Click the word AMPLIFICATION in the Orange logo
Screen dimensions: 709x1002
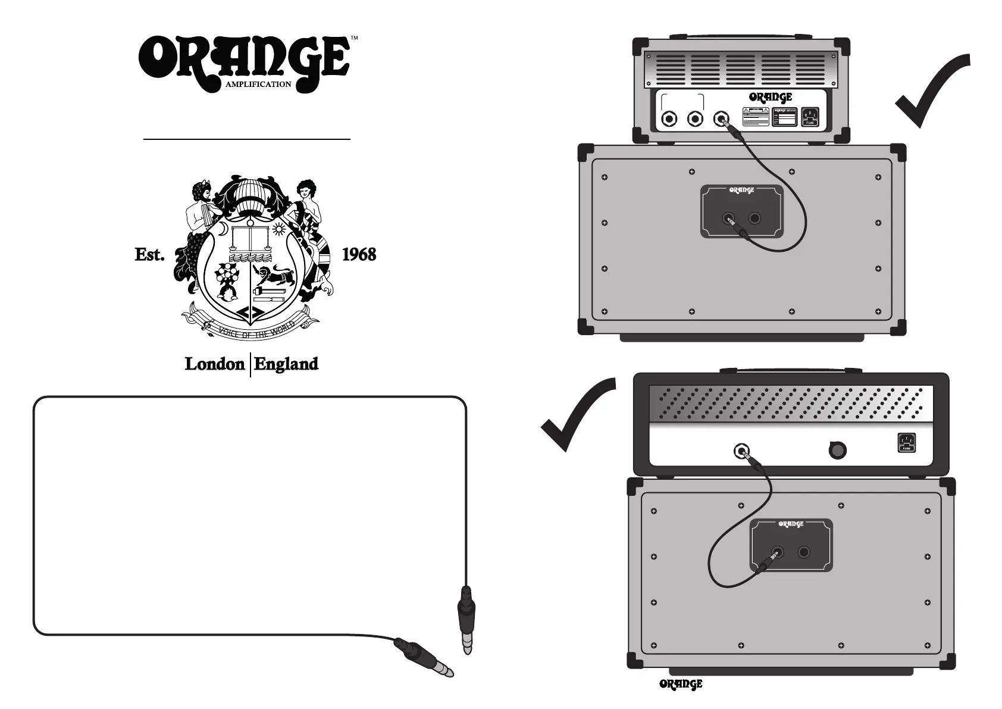(x=258, y=85)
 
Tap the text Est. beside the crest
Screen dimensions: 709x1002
(x=149, y=255)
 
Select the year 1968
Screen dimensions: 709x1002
(x=359, y=255)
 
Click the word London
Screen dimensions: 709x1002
(x=215, y=364)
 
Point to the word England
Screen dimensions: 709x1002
(x=286, y=364)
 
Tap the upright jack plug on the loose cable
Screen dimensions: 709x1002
(x=466, y=619)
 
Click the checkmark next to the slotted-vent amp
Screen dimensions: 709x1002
(x=932, y=89)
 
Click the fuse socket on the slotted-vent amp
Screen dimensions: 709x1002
(x=810, y=117)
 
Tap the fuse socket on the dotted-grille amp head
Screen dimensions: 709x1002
(x=906, y=443)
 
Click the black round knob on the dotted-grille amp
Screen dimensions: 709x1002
(x=838, y=451)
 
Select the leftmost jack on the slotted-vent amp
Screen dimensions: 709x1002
(x=670, y=119)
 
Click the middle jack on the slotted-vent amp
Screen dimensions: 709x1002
(x=695, y=119)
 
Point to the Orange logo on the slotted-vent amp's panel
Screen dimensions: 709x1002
(x=771, y=97)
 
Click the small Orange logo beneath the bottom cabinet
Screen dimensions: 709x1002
(x=681, y=685)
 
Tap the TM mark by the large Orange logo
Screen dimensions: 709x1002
(x=354, y=38)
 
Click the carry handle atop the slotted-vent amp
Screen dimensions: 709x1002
(x=741, y=36)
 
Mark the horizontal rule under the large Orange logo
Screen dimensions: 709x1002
(x=247, y=139)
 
